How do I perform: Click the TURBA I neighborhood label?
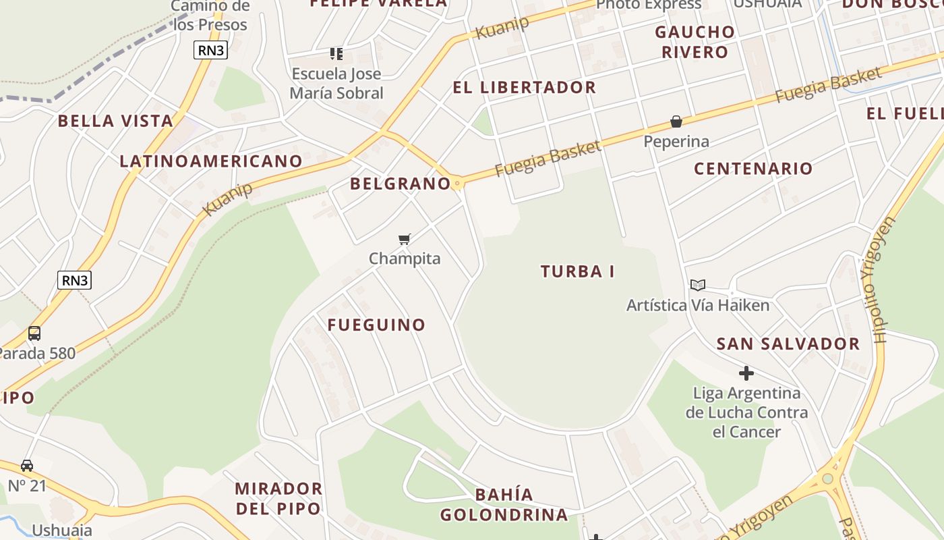pyautogui.click(x=577, y=271)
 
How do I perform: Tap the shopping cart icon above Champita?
pyautogui.click(x=404, y=239)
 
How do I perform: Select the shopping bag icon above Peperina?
pyautogui.click(x=676, y=122)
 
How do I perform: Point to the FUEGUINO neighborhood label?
pyautogui.click(x=376, y=325)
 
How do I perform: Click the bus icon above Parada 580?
pyautogui.click(x=34, y=333)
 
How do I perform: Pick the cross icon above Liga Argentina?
pyautogui.click(x=746, y=373)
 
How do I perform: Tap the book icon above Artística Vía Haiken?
pyautogui.click(x=697, y=286)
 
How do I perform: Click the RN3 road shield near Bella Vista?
pyautogui.click(x=210, y=49)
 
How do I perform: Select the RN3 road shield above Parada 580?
pyautogui.click(x=74, y=280)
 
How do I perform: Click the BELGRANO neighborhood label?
pyautogui.click(x=400, y=183)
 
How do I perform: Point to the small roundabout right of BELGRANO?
pyautogui.click(x=458, y=183)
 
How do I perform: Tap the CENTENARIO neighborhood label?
pyautogui.click(x=753, y=169)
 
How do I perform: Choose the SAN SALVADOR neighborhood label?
pyautogui.click(x=788, y=344)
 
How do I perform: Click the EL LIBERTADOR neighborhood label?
pyautogui.click(x=524, y=87)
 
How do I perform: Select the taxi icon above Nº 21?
pyautogui.click(x=27, y=465)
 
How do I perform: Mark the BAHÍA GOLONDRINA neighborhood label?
pyautogui.click(x=504, y=504)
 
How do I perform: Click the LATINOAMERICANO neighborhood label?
pyautogui.click(x=210, y=161)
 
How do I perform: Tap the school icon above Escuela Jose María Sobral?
pyautogui.click(x=336, y=53)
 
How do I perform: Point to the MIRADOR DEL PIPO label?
pyautogui.click(x=278, y=498)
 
